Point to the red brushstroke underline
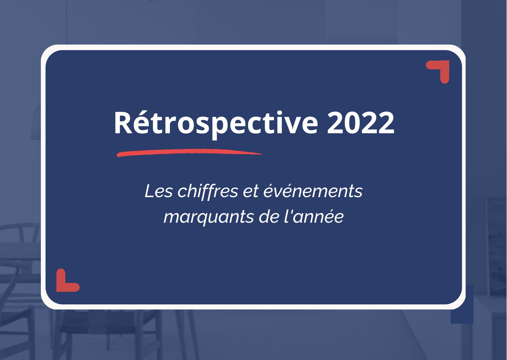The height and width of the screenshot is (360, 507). [x=189, y=152]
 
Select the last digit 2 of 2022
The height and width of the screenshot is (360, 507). [x=386, y=123]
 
